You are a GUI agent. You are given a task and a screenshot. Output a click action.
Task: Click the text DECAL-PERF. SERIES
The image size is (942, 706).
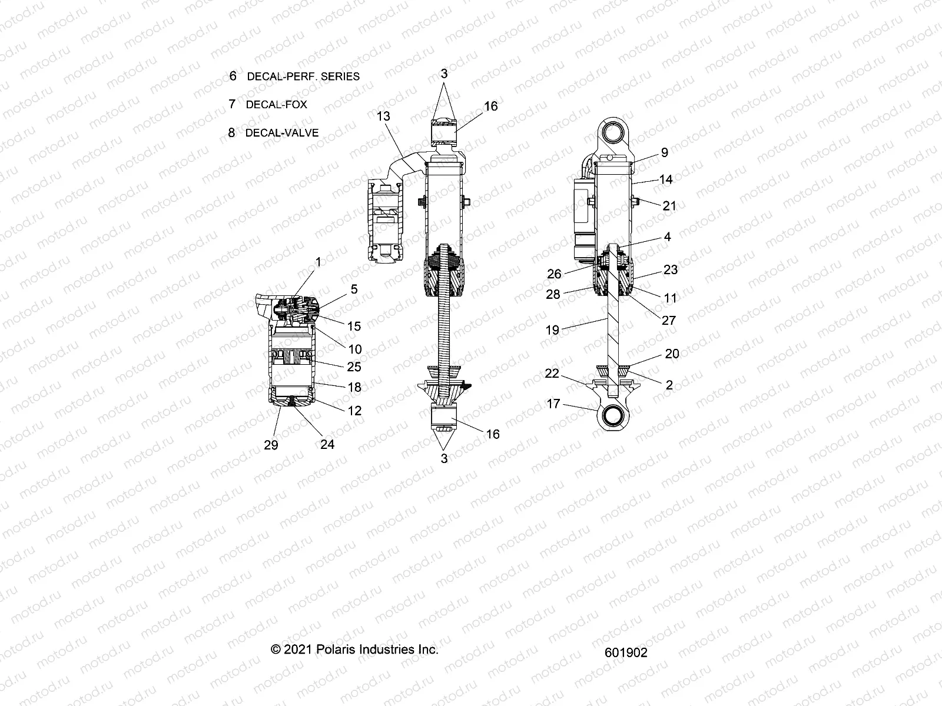point(303,76)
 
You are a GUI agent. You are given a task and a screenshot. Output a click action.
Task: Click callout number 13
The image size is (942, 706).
point(383,116)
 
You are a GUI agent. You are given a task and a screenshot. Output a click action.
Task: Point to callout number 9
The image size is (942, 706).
point(665,152)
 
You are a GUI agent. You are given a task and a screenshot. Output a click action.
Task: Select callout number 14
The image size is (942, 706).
point(666,179)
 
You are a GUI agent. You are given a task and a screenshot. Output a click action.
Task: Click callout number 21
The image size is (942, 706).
point(669,206)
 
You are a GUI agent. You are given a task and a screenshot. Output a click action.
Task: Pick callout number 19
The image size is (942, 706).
point(552,330)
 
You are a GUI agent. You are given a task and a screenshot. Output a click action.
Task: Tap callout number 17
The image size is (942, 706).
point(554,404)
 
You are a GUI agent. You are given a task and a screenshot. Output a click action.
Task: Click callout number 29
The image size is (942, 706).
point(271,445)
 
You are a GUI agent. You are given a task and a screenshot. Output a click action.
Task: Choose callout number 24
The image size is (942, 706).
point(327,445)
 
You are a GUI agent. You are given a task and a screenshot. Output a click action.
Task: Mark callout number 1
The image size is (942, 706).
point(319,262)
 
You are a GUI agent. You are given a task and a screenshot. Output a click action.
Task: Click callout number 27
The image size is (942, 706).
point(669,321)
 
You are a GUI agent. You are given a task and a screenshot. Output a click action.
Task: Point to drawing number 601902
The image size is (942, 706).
point(625,652)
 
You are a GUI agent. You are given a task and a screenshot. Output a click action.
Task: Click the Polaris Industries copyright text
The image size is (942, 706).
point(354,650)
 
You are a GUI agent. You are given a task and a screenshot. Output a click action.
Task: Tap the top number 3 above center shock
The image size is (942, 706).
point(444,74)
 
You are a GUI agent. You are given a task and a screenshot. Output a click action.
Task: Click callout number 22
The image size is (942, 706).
point(551,374)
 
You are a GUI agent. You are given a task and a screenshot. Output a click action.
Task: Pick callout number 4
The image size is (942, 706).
point(667,237)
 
